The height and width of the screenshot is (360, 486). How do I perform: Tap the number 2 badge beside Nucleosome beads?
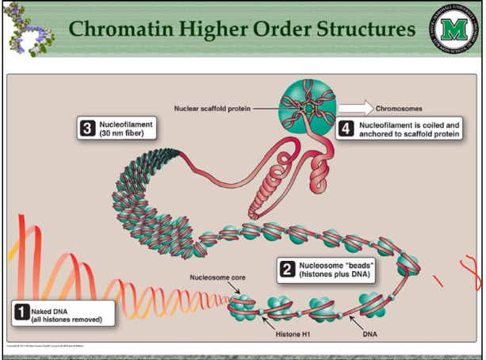pos(286,268)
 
